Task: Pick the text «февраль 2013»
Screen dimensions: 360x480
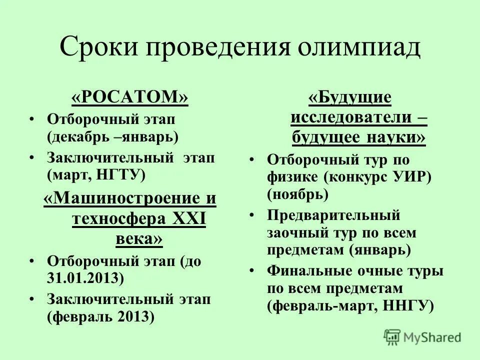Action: click(100, 316)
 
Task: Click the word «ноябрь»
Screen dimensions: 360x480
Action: click(298, 194)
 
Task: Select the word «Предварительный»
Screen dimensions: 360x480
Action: click(333, 215)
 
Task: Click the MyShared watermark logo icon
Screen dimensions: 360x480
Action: click(393, 337)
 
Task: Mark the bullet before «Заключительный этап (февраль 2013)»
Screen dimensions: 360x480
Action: click(32, 299)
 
